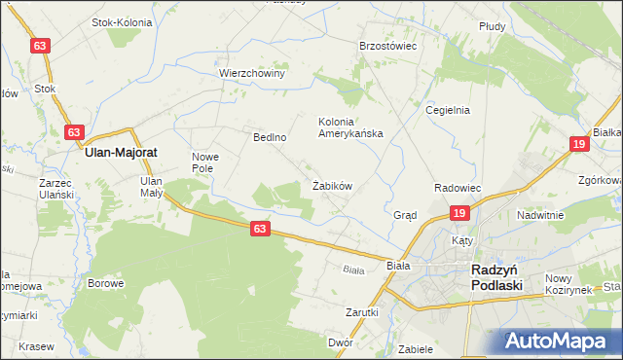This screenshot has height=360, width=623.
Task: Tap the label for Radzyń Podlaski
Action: click(496, 277)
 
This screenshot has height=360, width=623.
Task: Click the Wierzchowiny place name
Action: click(251, 73)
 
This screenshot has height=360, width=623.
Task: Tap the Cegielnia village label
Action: click(448, 110)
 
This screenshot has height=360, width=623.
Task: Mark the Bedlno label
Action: click(270, 137)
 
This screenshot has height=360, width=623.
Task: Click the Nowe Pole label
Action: click(207, 162)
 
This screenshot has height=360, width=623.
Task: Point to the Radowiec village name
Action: click(458, 188)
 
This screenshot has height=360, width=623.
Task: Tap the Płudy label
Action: click(492, 27)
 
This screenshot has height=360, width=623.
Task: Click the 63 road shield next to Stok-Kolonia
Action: click(40, 46)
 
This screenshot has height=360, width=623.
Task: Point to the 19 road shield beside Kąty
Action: click(460, 213)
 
